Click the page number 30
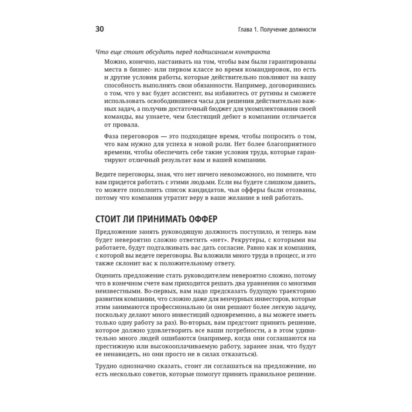coord(101,29)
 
